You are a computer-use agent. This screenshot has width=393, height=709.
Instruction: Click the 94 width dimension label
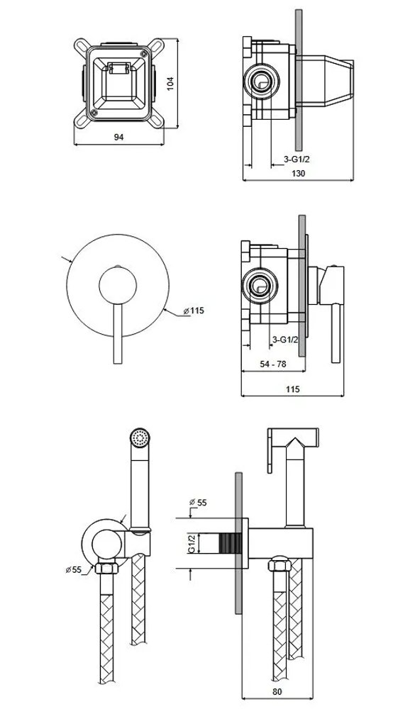pyautogui.click(x=118, y=137)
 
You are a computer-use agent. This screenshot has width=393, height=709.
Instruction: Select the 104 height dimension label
pyautogui.click(x=170, y=84)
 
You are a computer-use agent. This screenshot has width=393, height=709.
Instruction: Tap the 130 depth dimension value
pyautogui.click(x=299, y=173)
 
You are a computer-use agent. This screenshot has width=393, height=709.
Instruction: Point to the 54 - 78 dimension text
pyautogui.click(x=272, y=364)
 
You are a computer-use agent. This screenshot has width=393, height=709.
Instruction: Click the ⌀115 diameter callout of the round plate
pyautogui.click(x=194, y=311)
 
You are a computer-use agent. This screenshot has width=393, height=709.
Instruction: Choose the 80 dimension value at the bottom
pyautogui.click(x=277, y=691)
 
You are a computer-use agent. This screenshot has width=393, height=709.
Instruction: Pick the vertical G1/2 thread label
pyautogui.click(x=192, y=543)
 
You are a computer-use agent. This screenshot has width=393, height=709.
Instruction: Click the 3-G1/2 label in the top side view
pyautogui.click(x=297, y=159)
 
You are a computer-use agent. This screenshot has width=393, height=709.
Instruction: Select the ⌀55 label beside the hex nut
pyautogui.click(x=74, y=570)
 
